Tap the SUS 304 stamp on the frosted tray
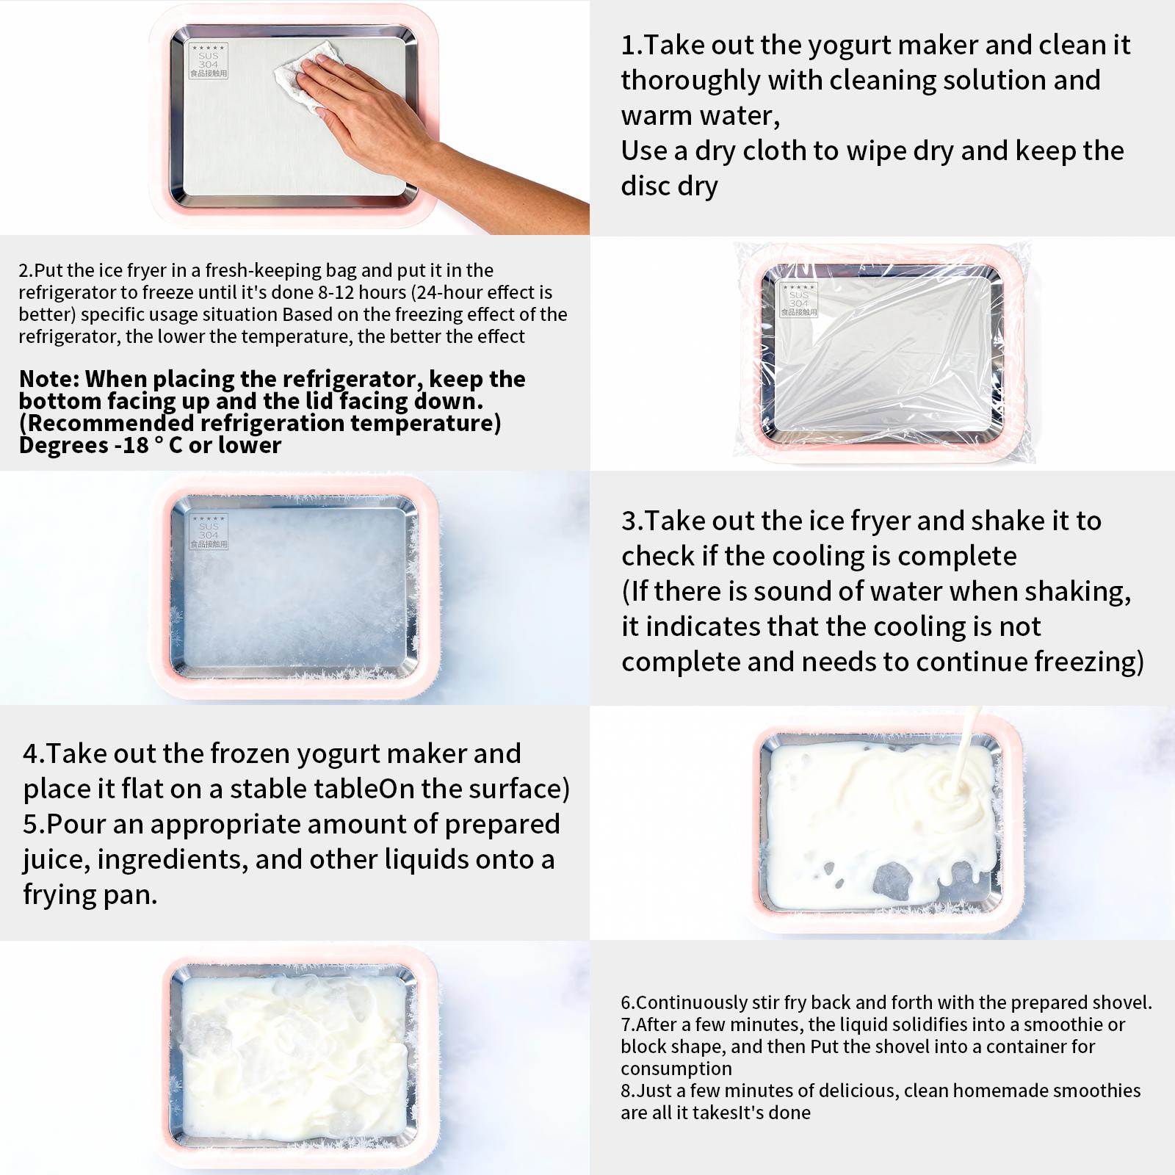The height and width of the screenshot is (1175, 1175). coord(209,531)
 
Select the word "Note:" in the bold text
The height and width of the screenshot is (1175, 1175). coord(49,379)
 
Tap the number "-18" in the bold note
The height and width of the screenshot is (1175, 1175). coord(131,445)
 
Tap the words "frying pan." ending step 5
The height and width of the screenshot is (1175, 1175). coord(90,894)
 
